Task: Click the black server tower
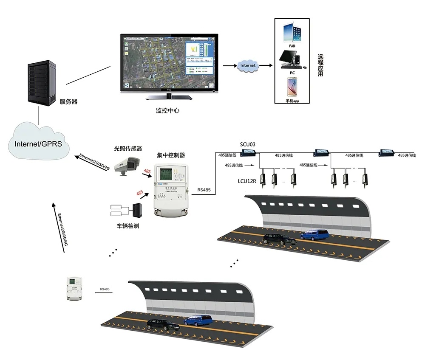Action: (42, 83)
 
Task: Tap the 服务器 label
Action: (68, 102)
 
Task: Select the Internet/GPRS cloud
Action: (38, 143)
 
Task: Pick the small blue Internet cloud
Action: (248, 66)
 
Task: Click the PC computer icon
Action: (291, 59)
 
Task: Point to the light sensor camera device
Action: (127, 163)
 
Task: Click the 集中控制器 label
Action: (171, 155)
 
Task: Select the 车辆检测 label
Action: (128, 226)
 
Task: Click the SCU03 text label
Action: (247, 144)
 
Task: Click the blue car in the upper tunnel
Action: (315, 234)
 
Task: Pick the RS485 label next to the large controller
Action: (204, 191)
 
